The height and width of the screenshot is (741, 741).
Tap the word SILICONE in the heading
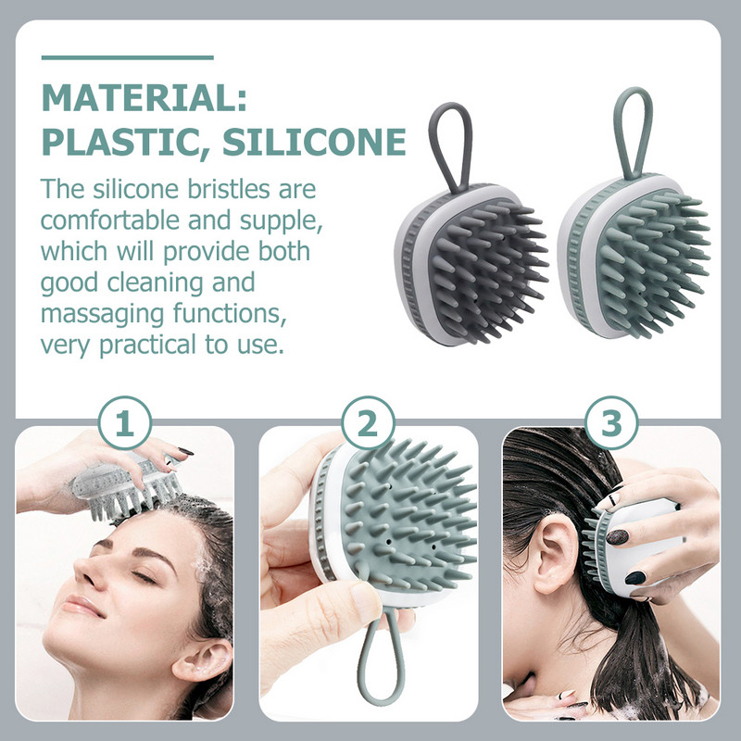[x=314, y=142]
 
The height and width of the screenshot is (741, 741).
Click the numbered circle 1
[x=125, y=423]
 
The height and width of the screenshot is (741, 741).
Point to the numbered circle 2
[x=368, y=423]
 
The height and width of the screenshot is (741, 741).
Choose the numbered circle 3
[x=611, y=423]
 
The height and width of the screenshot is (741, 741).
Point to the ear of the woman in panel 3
[x=554, y=553]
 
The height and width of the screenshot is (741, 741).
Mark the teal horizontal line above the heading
[x=128, y=57]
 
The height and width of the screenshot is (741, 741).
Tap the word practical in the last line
[x=147, y=345]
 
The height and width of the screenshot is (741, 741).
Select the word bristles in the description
[x=229, y=189]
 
